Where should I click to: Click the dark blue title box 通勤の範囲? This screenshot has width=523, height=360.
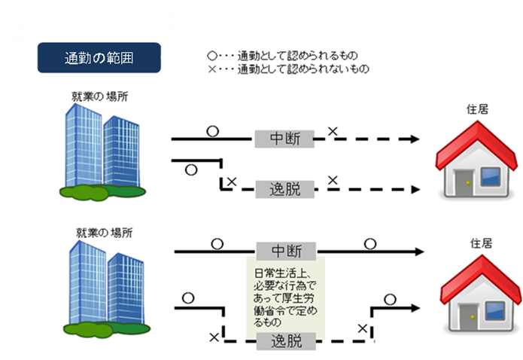tap(99, 58)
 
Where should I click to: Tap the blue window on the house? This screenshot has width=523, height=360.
tap(491, 178)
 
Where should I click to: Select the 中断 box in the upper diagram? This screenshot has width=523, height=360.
tap(284, 139)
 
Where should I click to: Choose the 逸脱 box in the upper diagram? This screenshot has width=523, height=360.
tap(284, 188)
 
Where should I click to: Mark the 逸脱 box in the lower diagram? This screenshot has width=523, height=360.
tap(284, 341)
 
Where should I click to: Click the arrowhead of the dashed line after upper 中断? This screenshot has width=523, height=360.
tap(413, 139)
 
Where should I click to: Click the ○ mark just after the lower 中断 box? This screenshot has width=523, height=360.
tap(370, 243)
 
